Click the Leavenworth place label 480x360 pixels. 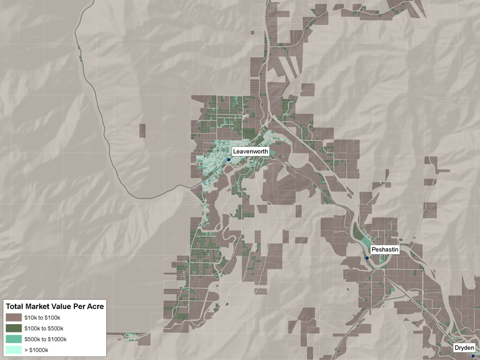[250, 152]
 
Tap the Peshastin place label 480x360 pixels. [384, 249]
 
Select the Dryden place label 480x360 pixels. [464, 348]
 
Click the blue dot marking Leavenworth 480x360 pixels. [229, 160]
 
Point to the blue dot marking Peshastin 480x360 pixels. [367, 258]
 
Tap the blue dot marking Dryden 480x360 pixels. [456, 356]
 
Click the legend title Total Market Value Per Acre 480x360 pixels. [55, 306]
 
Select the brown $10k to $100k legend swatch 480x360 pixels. [14, 317]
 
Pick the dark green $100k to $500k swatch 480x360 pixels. [14, 328]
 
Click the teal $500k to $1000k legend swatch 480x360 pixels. [14, 339]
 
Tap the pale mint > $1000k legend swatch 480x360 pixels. [14, 350]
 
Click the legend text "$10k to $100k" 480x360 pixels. [42, 317]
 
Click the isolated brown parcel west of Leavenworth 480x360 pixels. [142, 130]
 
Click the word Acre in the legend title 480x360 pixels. [95, 306]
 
